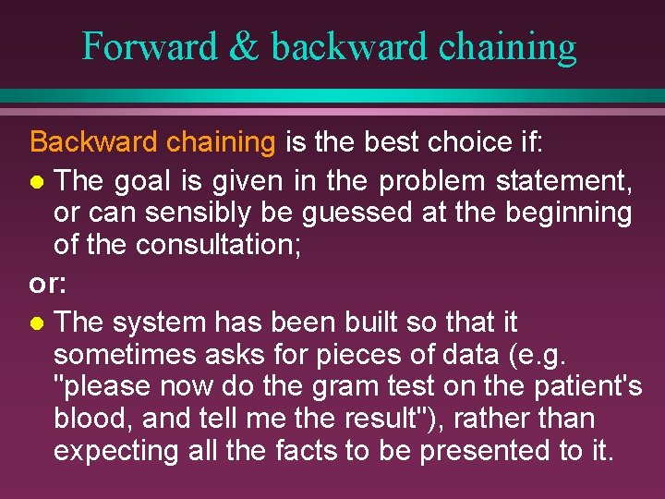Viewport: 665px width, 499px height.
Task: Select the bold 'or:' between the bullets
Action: coord(47,285)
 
